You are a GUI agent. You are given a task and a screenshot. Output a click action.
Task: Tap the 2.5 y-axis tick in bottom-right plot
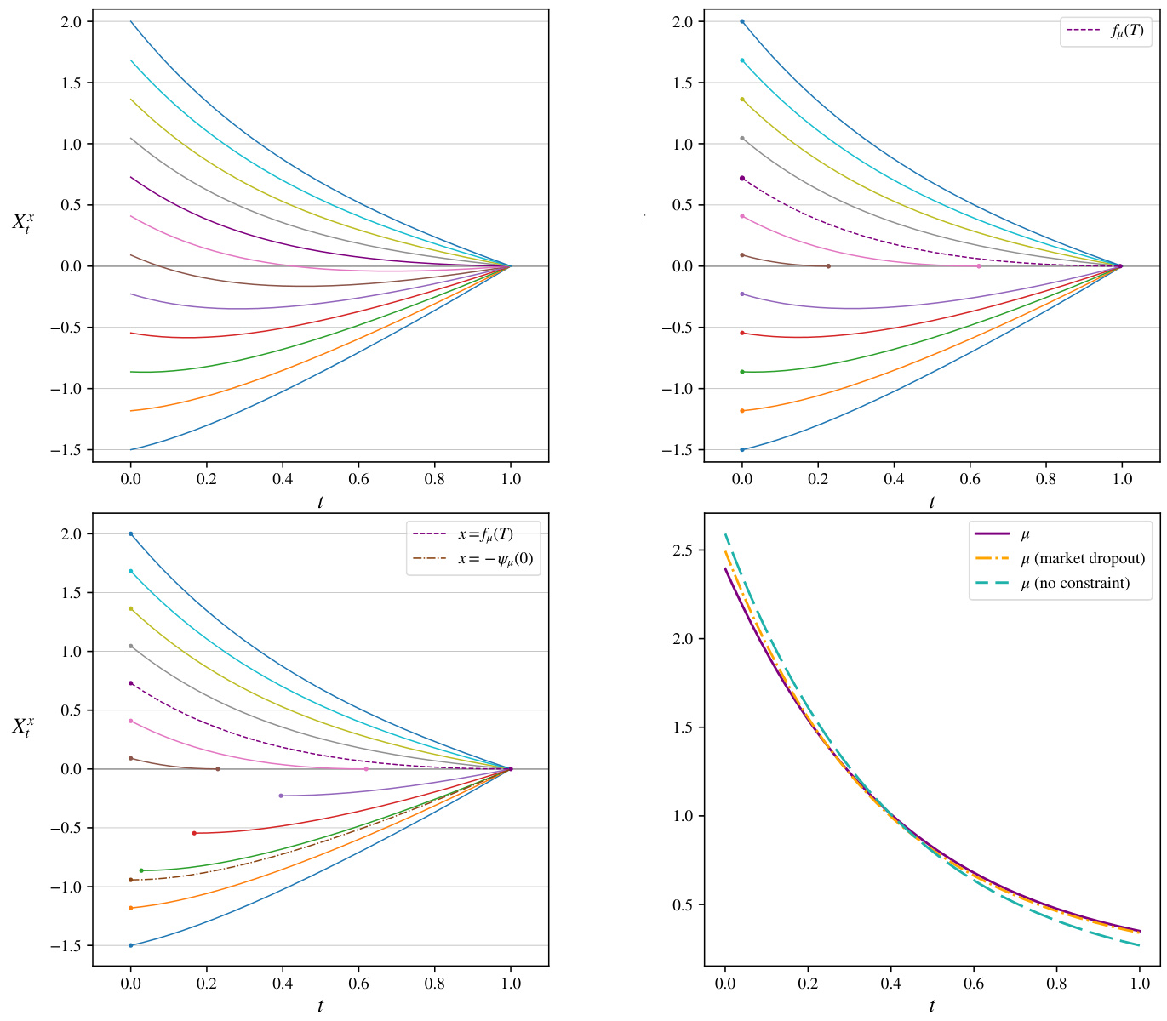tap(684, 550)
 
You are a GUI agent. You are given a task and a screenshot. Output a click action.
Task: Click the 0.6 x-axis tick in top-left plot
tap(358, 479)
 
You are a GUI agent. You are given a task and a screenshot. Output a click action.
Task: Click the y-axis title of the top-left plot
tap(23, 224)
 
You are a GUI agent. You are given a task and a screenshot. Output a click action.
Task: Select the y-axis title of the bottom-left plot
tap(23, 727)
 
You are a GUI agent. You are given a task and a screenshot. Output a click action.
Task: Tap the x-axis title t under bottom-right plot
tap(932, 1007)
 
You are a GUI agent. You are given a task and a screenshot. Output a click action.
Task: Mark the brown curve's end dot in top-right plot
tap(828, 266)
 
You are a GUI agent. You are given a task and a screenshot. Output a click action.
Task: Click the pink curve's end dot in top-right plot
tap(979, 266)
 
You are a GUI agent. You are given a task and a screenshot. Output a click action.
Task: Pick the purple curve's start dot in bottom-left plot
tap(281, 796)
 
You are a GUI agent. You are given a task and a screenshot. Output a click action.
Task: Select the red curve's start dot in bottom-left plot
tap(194, 833)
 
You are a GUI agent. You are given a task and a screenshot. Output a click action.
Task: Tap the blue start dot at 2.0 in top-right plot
tap(742, 21)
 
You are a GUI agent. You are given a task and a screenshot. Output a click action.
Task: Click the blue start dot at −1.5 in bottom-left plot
tap(130, 945)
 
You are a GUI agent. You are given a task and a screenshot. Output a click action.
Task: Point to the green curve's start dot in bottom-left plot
tap(141, 870)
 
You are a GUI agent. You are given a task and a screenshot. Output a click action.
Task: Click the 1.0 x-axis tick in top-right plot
tap(1122, 479)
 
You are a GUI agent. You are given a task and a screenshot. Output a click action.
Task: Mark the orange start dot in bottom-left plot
tap(130, 908)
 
